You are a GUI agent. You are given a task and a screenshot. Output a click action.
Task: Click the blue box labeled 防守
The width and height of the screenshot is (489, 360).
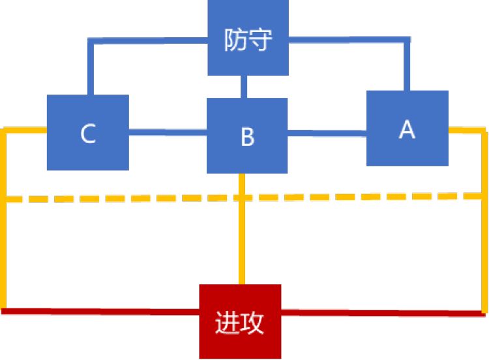pyautogui.click(x=248, y=38)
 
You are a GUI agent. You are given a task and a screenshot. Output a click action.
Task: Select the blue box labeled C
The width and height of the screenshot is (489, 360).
pyautogui.click(x=88, y=132)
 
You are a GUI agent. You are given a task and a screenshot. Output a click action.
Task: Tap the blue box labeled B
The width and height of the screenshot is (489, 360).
pyautogui.click(x=247, y=136)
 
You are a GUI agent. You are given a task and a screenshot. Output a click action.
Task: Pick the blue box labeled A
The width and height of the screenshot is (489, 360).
pyautogui.click(x=407, y=128)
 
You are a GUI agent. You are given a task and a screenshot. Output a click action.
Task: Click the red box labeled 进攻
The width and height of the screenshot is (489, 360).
pyautogui.click(x=240, y=321)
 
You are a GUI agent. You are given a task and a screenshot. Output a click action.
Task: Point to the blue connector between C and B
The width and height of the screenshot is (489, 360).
pyautogui.click(x=168, y=132)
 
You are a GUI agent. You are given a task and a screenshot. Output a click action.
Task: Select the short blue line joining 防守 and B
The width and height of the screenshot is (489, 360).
pyautogui.click(x=243, y=87)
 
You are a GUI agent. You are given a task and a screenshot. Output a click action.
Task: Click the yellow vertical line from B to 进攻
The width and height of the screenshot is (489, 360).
pyautogui.click(x=243, y=228)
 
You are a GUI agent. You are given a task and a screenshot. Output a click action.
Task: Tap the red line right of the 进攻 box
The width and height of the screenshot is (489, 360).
pyautogui.click(x=385, y=312)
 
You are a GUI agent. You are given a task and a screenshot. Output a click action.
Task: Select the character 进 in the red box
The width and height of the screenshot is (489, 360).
pyautogui.click(x=227, y=322)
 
